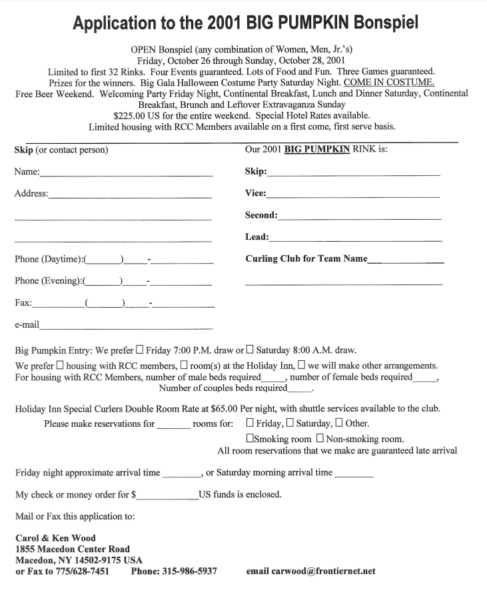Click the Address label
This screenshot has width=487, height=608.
(31, 194)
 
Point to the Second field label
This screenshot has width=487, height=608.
(261, 215)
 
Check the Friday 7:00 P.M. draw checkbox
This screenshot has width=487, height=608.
(139, 349)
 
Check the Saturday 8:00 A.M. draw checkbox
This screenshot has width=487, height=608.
(250, 349)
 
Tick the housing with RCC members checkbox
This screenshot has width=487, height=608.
(60, 365)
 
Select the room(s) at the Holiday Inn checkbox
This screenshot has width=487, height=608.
(184, 365)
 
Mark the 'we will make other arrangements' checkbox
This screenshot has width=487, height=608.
(301, 365)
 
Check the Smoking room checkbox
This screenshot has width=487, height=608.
(250, 439)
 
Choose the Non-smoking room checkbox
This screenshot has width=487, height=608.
(320, 439)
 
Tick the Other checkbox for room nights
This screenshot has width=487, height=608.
(339, 423)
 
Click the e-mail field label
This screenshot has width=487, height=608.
(27, 325)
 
